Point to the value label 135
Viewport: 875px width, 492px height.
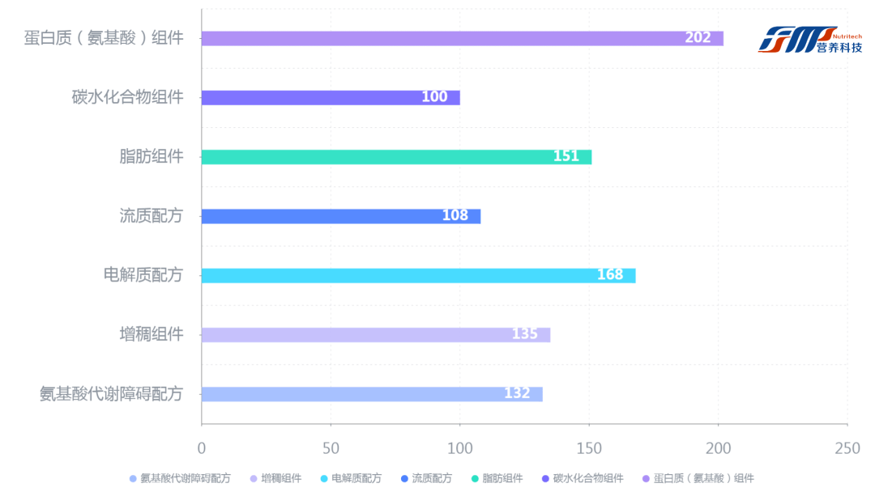pyautogui.click(x=525, y=334)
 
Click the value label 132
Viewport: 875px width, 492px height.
pyautogui.click(x=517, y=393)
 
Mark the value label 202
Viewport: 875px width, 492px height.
pyautogui.click(x=698, y=38)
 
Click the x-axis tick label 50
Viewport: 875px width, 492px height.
pyautogui.click(x=331, y=447)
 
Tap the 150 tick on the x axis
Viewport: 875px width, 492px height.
pyautogui.click(x=589, y=447)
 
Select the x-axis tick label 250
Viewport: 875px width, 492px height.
pyautogui.click(x=847, y=447)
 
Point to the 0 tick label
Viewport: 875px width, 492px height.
pyautogui.click(x=202, y=447)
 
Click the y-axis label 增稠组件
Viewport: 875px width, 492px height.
pyautogui.click(x=152, y=333)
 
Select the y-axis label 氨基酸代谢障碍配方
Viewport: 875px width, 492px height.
pyautogui.click(x=112, y=393)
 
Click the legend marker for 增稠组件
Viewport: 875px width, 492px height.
pyautogui.click(x=254, y=478)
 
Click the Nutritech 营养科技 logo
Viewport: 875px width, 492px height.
pyautogui.click(x=809, y=38)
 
